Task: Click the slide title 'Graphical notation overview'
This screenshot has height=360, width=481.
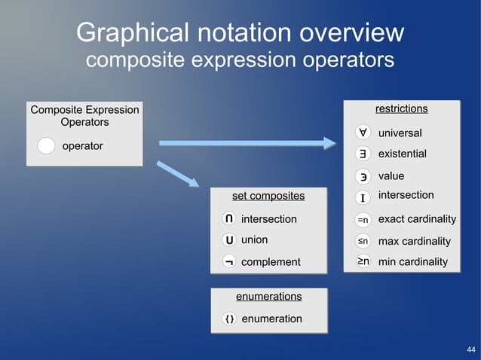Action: pyautogui.click(x=240, y=33)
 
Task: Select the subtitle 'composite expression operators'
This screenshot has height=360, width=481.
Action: pyautogui.click(x=240, y=60)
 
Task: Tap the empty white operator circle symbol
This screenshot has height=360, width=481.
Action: pyautogui.click(x=46, y=146)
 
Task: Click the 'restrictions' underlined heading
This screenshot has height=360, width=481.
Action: pyautogui.click(x=401, y=109)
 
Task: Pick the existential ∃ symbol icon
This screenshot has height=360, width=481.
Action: pyautogui.click(x=363, y=154)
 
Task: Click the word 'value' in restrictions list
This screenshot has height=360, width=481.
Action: pyautogui.click(x=391, y=175)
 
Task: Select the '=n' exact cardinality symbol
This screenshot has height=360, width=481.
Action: pyautogui.click(x=363, y=219)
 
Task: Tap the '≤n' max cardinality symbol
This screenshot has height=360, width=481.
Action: pyautogui.click(x=363, y=241)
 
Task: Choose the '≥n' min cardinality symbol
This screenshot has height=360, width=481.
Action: pyautogui.click(x=363, y=261)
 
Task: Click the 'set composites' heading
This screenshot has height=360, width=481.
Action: pyautogui.click(x=268, y=196)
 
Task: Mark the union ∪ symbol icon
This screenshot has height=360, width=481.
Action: pyautogui.click(x=228, y=240)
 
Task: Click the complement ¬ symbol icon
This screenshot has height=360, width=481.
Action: pyautogui.click(x=228, y=261)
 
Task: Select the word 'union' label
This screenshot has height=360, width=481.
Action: pyautogui.click(x=254, y=240)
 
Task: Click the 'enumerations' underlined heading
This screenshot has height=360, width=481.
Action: pyautogui.click(x=268, y=297)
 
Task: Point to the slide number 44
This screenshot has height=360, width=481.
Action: pyautogui.click(x=470, y=350)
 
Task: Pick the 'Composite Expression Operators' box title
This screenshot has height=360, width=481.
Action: pyautogui.click(x=84, y=115)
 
